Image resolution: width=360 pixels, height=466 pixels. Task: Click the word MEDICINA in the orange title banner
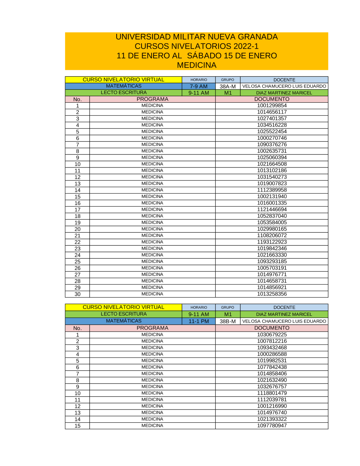tap(197, 65)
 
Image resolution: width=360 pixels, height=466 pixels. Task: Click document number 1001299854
tap(272, 106)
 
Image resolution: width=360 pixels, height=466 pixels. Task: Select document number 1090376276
tap(272, 144)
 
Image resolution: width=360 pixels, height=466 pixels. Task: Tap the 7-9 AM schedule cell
tap(199, 86)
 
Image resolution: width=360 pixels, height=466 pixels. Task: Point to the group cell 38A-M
tap(228, 86)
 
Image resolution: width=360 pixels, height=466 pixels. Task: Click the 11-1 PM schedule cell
tap(199, 321)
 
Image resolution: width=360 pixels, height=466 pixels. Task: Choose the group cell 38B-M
tap(228, 321)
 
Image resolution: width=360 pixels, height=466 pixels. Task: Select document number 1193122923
tap(272, 242)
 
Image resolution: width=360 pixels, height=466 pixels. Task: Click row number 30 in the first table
tap(77, 294)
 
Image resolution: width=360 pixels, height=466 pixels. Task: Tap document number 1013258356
tap(272, 294)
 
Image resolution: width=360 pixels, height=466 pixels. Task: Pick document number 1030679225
tap(272, 335)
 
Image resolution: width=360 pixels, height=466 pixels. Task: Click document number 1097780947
tap(272, 426)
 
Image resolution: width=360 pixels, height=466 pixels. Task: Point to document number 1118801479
tap(272, 393)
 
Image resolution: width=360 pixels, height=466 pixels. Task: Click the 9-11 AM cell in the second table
tap(199, 314)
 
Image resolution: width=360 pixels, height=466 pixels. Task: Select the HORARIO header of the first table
tap(199, 80)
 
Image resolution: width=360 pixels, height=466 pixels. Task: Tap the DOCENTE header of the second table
tap(284, 308)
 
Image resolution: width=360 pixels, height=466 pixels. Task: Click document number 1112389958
tap(272, 190)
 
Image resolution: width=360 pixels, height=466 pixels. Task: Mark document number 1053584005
tap(272, 223)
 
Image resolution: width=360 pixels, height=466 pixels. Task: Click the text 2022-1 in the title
tap(246, 46)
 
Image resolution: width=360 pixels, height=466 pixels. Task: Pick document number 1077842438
tap(272, 367)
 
